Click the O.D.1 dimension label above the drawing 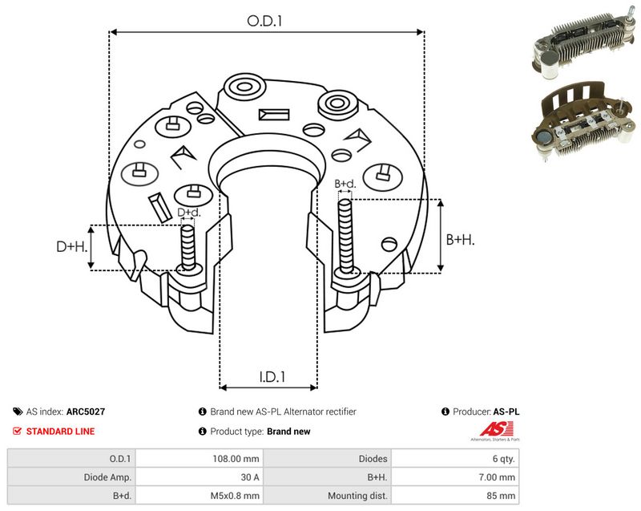coord(265,21)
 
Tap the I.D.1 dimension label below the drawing coord(272,377)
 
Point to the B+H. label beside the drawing coord(460,239)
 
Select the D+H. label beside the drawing coord(72,246)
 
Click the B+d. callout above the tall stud coord(345,184)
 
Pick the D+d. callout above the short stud coord(189,213)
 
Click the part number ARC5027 coord(86,412)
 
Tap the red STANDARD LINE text coord(60,432)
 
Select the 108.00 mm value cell coord(200,459)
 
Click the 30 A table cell coord(200,477)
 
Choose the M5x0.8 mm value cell coord(200,496)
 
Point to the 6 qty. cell coord(455,459)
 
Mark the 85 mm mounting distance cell coord(455,496)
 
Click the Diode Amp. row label coord(71,477)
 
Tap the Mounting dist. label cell coord(328,496)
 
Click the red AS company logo coord(496,431)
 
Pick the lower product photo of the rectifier coord(585,120)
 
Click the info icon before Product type coord(202,432)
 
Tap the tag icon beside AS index coord(18,412)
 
